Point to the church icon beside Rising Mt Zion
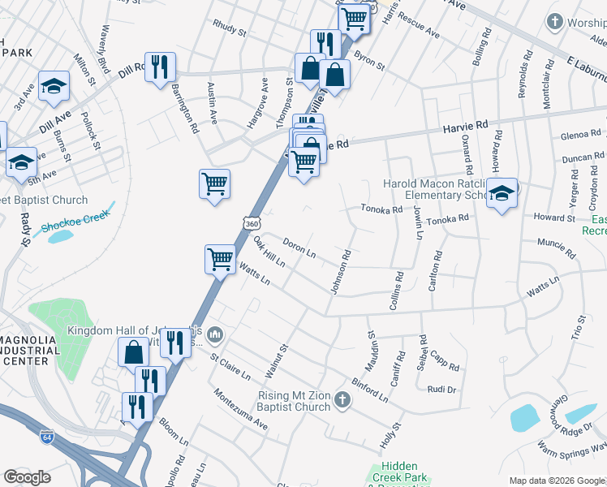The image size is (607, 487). [x=342, y=399]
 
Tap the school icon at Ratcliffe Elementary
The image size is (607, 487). [x=502, y=193]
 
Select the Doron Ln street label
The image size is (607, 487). [x=299, y=248]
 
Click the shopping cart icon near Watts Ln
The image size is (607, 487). [x=219, y=259]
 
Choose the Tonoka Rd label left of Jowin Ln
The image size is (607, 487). [x=381, y=209]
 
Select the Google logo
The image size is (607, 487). [x=28, y=477]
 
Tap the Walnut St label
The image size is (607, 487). [x=277, y=361]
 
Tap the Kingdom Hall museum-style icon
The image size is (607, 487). [x=215, y=334]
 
